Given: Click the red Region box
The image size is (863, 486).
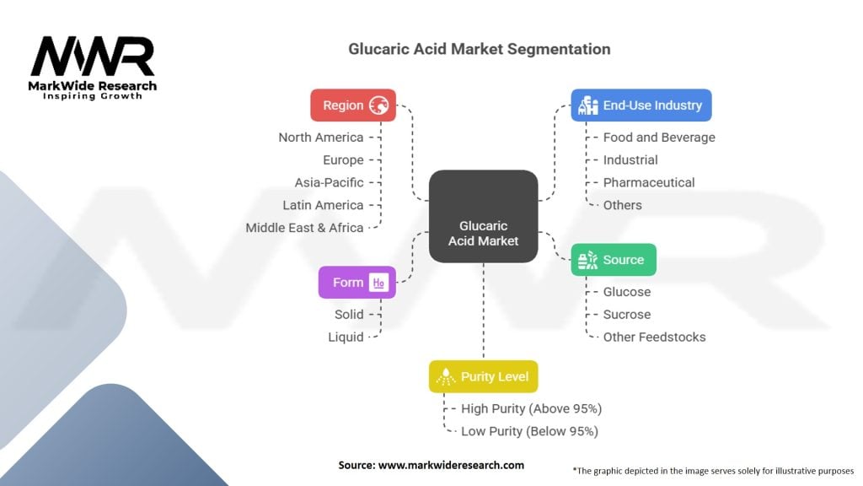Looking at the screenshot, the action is [x=353, y=105].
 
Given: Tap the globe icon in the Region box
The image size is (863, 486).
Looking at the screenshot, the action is [x=378, y=105].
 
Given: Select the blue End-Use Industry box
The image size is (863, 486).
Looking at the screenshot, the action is [x=641, y=105].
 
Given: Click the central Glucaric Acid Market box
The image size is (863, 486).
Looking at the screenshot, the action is [x=483, y=216].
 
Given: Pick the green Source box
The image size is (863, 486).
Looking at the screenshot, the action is [x=614, y=260].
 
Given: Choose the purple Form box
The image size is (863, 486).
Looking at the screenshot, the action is [x=357, y=282].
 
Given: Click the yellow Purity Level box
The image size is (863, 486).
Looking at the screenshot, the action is [x=483, y=376].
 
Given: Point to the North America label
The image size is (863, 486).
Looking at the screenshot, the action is [x=321, y=138].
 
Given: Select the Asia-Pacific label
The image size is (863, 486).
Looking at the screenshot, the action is [x=330, y=182].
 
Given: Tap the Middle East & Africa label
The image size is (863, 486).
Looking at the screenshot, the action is [x=304, y=228].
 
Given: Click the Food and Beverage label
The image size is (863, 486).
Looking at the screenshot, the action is [x=659, y=138].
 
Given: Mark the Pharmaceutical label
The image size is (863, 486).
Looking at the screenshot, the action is [x=649, y=182].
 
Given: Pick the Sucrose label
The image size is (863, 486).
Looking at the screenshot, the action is [x=627, y=314].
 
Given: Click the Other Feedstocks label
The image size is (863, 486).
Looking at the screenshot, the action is [x=654, y=337].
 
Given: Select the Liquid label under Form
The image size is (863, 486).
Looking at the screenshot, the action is [x=346, y=337].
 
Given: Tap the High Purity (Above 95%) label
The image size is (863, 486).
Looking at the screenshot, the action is [x=532, y=409].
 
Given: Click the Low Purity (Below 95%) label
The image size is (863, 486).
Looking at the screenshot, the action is [x=529, y=431].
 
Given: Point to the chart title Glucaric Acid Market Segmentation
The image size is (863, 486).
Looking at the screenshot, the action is [x=480, y=49].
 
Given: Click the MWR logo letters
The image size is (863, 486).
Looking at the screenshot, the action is [x=93, y=56].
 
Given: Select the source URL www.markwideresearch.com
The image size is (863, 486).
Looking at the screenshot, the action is [x=452, y=465].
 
